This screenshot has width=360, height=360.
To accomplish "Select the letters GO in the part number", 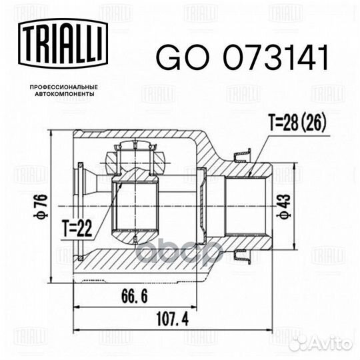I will point(175,59).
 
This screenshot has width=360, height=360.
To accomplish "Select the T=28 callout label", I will point(285,123).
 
